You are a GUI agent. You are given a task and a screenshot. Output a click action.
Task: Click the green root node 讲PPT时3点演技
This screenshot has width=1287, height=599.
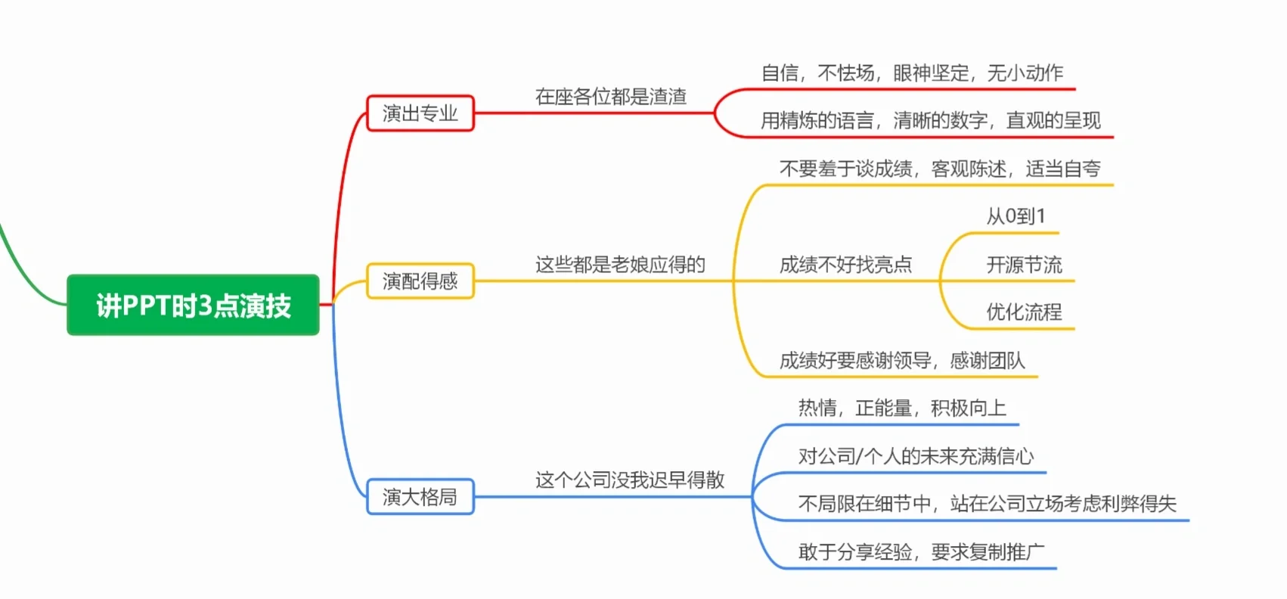click(193, 305)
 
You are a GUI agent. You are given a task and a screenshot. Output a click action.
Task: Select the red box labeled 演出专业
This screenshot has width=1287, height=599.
click(420, 113)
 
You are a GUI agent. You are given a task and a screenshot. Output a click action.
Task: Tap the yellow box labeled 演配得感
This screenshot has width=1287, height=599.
click(420, 281)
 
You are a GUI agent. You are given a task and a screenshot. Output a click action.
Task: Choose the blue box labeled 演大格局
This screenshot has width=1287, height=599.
click(420, 497)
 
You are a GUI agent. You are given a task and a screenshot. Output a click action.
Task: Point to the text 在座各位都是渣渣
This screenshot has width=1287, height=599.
click(611, 97)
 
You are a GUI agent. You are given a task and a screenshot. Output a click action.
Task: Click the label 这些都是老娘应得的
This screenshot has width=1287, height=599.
click(620, 265)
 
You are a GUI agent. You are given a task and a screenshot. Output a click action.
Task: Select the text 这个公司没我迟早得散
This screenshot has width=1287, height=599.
click(630, 480)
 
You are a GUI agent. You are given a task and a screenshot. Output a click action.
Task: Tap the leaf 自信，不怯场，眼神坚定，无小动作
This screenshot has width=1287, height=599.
click(912, 73)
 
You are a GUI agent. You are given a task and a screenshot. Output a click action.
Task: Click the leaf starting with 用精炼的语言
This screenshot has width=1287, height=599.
click(930, 121)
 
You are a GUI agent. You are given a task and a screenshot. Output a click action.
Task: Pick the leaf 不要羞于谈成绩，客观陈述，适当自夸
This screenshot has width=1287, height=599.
click(940, 169)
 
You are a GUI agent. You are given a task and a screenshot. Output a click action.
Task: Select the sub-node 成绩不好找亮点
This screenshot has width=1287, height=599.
click(845, 265)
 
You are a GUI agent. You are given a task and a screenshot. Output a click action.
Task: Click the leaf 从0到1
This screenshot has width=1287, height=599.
click(1016, 217)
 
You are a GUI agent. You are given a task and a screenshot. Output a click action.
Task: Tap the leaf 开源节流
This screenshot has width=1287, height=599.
click(1024, 265)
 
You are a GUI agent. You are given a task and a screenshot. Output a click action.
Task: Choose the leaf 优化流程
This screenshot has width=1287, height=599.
click(1024, 312)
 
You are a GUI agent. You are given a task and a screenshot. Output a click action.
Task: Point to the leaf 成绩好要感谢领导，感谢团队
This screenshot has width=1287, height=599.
click(902, 361)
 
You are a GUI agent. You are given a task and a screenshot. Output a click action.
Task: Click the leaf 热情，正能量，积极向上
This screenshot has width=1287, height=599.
click(902, 408)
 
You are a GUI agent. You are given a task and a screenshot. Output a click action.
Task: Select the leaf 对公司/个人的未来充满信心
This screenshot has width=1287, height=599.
click(916, 457)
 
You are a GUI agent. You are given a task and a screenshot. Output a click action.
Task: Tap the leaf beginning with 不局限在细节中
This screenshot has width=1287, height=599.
click(987, 504)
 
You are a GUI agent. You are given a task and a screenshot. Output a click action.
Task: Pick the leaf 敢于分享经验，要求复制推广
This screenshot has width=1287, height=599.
click(921, 552)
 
